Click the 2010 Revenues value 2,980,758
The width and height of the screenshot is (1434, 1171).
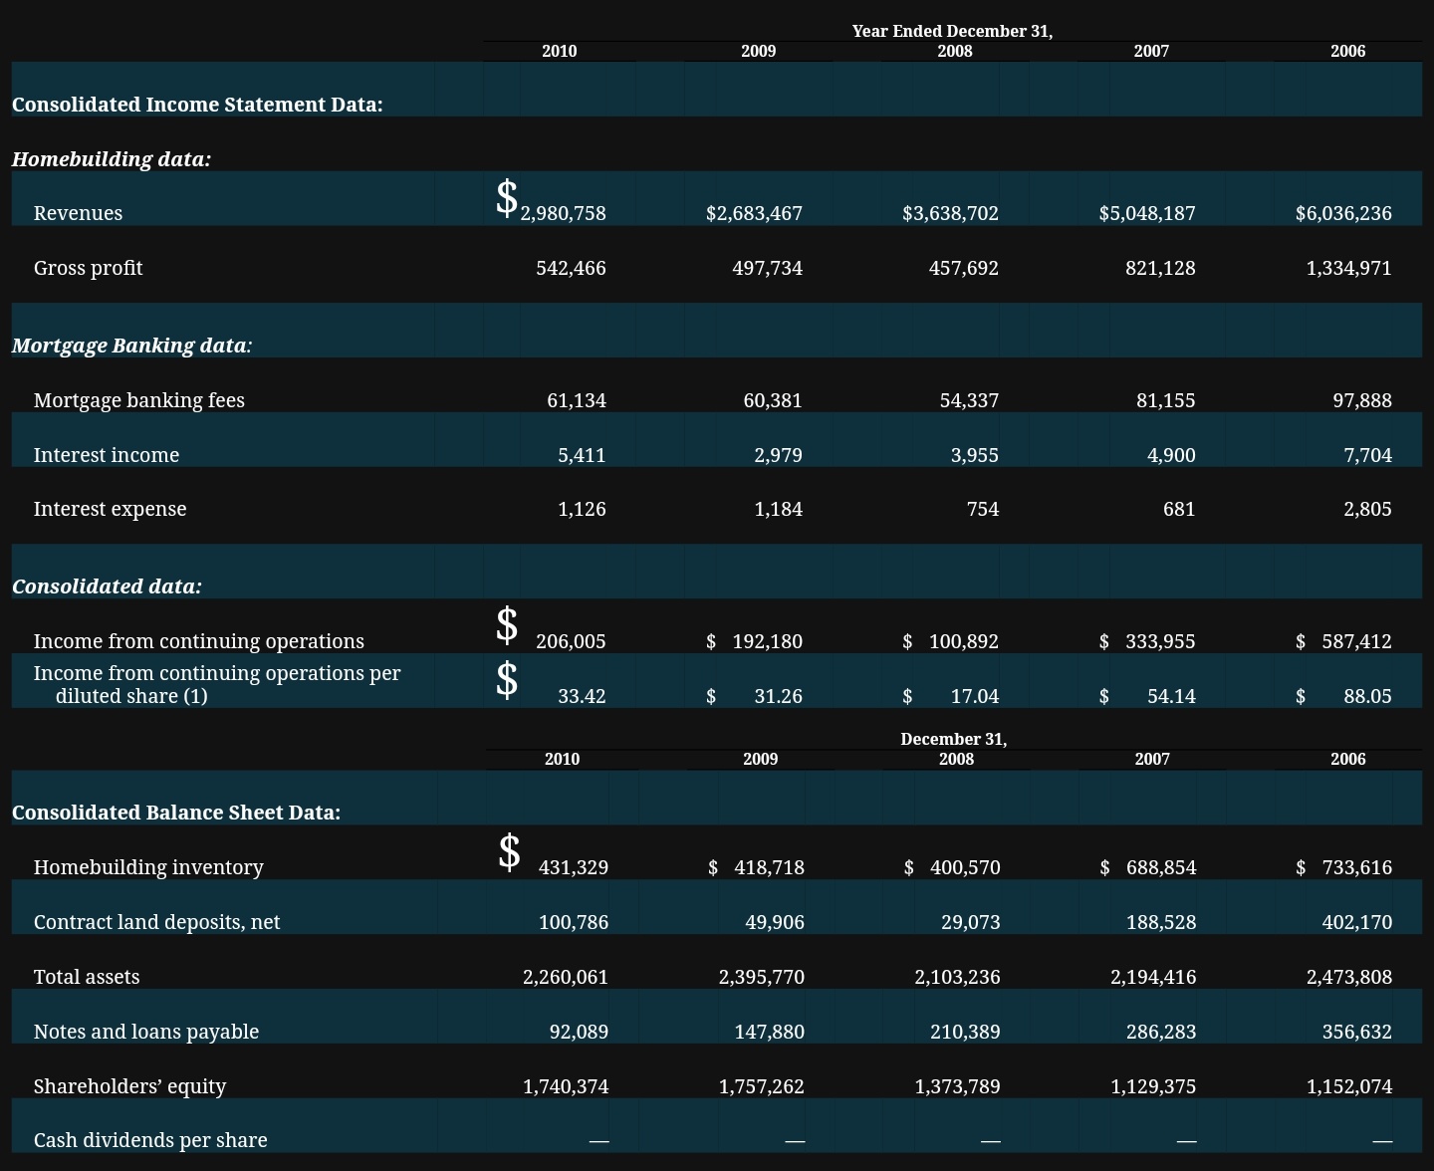click(x=563, y=213)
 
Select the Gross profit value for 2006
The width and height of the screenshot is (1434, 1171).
click(x=1349, y=268)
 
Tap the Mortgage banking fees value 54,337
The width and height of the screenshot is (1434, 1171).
click(x=970, y=400)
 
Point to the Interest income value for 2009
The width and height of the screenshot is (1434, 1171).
click(x=779, y=455)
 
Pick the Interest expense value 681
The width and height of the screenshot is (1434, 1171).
click(x=1179, y=509)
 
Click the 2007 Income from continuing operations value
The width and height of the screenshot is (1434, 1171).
click(x=1160, y=641)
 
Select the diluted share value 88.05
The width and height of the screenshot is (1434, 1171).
click(x=1368, y=696)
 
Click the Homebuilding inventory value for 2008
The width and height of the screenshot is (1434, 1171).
click(x=966, y=867)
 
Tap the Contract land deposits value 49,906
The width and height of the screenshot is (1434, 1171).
click(x=775, y=922)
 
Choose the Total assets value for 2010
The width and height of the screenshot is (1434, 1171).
click(x=566, y=977)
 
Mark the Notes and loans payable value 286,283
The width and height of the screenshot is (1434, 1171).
click(x=1161, y=1032)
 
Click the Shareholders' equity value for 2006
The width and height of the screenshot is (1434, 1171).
click(x=1349, y=1086)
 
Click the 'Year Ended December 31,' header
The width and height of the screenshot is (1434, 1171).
click(x=953, y=31)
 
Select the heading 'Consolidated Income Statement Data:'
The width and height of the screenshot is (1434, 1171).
click(x=197, y=105)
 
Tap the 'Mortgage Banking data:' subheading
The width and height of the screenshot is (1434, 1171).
click(x=131, y=346)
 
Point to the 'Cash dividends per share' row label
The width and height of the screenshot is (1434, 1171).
click(x=150, y=1140)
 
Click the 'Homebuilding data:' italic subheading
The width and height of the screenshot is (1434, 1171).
click(x=112, y=159)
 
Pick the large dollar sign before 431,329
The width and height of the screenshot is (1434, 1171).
click(x=509, y=852)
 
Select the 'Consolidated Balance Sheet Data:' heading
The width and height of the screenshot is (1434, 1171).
click(x=176, y=813)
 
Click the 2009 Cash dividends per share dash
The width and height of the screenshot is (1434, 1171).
click(x=795, y=1141)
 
